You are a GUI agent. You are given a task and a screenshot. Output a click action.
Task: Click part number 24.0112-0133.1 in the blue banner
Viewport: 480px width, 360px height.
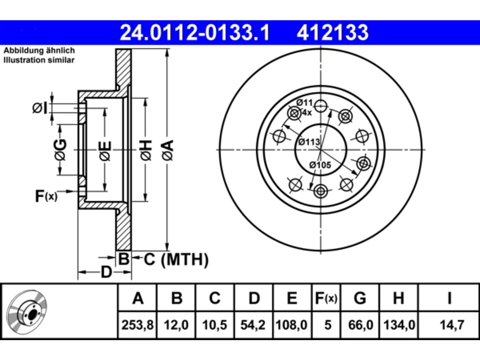point(195,33)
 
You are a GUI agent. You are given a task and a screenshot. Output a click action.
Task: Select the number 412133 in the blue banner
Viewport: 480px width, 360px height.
point(333,33)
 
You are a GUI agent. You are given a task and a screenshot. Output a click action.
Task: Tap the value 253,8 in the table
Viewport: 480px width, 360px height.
point(138,325)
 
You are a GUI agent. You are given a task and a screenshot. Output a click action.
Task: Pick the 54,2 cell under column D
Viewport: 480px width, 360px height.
point(253,325)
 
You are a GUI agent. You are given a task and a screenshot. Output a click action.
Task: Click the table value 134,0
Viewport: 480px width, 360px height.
point(399,325)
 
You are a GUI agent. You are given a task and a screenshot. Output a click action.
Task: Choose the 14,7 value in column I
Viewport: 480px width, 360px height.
point(452,325)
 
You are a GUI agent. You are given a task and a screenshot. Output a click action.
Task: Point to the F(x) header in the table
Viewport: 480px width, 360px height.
point(326,298)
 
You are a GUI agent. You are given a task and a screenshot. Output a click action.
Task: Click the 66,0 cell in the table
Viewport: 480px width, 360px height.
point(361,325)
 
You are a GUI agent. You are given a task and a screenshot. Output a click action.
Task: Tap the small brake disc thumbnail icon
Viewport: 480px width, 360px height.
point(27,312)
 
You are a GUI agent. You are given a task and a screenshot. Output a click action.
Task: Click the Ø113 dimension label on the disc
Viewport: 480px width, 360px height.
point(309,142)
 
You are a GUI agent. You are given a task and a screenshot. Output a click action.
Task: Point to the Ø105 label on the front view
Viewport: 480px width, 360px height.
point(320,165)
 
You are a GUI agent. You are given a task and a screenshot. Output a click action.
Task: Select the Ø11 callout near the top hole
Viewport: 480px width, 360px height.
point(304,102)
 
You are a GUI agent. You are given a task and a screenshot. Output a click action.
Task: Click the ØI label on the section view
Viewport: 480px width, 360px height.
point(40,108)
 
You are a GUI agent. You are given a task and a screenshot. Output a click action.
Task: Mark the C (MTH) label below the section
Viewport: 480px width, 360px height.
point(176,259)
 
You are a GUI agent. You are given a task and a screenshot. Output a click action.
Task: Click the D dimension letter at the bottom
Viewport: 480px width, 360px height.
point(106,272)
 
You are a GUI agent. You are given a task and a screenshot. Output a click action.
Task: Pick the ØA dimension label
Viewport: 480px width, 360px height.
point(168,150)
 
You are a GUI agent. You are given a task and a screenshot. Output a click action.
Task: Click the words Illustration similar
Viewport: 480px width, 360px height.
point(39,60)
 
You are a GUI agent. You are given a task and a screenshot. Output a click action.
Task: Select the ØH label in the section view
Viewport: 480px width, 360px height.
point(146,150)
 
